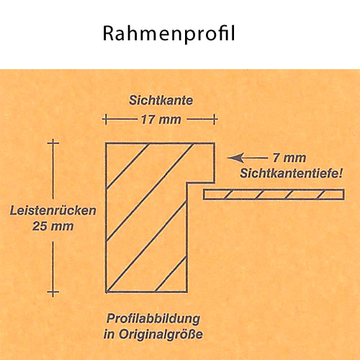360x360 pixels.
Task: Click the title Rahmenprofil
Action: pyautogui.click(x=168, y=34)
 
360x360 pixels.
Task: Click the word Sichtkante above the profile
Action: pyautogui.click(x=161, y=100)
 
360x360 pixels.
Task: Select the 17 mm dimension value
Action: pyautogui.click(x=161, y=120)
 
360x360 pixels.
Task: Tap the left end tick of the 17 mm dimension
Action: pyautogui.click(x=106, y=120)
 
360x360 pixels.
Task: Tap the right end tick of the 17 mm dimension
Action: pyautogui.click(x=215, y=120)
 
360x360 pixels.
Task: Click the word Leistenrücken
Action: pyautogui.click(x=53, y=210)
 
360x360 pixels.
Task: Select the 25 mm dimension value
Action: pyautogui.click(x=53, y=226)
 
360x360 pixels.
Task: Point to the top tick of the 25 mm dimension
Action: pyautogui.click(x=53, y=143)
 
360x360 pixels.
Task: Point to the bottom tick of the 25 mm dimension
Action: pyautogui.click(x=53, y=292)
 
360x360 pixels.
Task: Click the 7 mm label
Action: pyautogui.click(x=289, y=158)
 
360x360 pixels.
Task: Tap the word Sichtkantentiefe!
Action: pyautogui.click(x=291, y=174)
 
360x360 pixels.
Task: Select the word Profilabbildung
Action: pyautogui.click(x=153, y=319)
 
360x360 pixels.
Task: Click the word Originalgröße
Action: pyautogui.click(x=161, y=334)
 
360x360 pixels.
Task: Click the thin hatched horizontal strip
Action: pyautogui.click(x=274, y=194)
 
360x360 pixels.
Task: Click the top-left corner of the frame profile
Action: pyautogui.click(x=106, y=143)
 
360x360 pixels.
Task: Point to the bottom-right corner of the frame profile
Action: pyautogui.click(x=186, y=292)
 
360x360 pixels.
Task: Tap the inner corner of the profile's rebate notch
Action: pyautogui.click(x=187, y=183)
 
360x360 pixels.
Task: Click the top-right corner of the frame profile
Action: pyautogui.click(x=214, y=143)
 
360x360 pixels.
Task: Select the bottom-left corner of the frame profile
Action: pyautogui.click(x=106, y=292)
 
